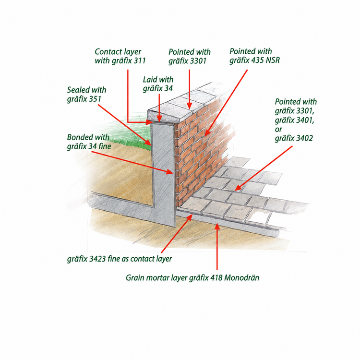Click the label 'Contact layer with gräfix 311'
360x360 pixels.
pos(120,56)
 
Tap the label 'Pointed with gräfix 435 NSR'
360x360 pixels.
pos(254,56)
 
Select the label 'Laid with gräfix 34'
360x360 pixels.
pos(158,84)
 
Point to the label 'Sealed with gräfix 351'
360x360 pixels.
pos(86,95)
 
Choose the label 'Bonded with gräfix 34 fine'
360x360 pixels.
pos(89,142)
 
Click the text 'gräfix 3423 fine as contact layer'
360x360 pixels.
pos(120,259)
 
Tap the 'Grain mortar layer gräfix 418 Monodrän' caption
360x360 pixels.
pos(192,278)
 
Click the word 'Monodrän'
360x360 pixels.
pos(242,277)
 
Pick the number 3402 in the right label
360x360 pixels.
pos(304,138)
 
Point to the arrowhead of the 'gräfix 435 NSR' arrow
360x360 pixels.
pos(207,133)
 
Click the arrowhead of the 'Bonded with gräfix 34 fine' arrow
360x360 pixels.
pos(170,172)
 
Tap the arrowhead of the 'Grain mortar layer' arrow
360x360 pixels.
pos(217,226)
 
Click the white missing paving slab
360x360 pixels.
pos(258,217)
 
